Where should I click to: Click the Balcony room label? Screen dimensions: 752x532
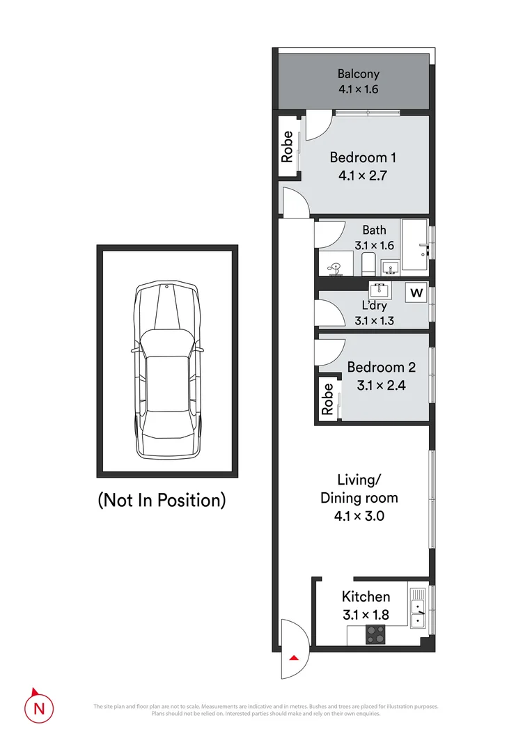click(359, 74)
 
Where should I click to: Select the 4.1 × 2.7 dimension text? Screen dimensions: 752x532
click(362, 175)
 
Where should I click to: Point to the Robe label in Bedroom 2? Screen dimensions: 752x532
click(326, 400)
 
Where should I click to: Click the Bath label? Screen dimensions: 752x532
click(374, 230)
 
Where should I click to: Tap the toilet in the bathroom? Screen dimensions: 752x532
click(368, 264)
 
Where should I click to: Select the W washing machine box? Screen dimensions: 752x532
click(416, 292)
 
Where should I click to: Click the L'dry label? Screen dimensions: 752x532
click(374, 306)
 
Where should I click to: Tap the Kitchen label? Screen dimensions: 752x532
click(366, 597)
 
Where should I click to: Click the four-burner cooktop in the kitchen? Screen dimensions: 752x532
click(375, 634)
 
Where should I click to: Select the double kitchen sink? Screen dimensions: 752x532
click(418, 608)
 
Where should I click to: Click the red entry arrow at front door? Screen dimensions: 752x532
click(294, 657)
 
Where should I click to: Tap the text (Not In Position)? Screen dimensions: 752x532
click(162, 500)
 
